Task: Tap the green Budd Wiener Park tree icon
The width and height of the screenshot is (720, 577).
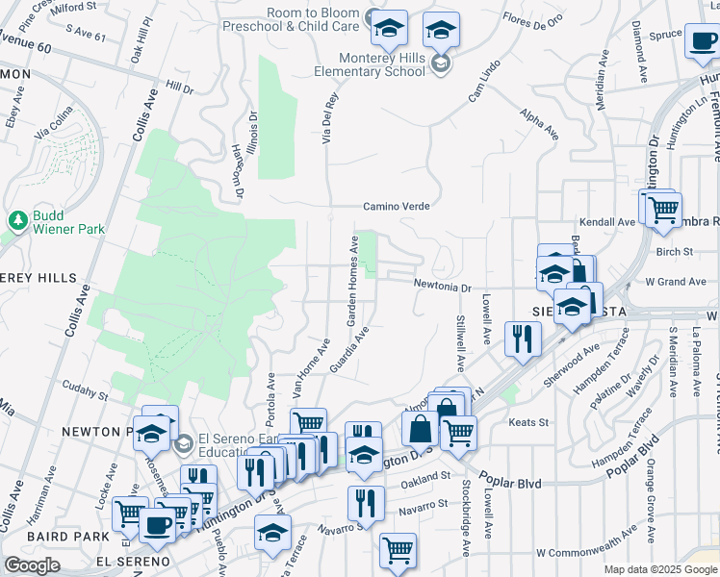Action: [x=17, y=221]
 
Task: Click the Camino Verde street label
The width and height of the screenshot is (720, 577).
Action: [x=396, y=206]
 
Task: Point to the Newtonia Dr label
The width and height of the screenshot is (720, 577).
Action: [x=443, y=286]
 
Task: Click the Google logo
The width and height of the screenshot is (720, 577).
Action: [x=32, y=565]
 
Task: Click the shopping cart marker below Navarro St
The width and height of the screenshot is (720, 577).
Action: [x=398, y=551]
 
